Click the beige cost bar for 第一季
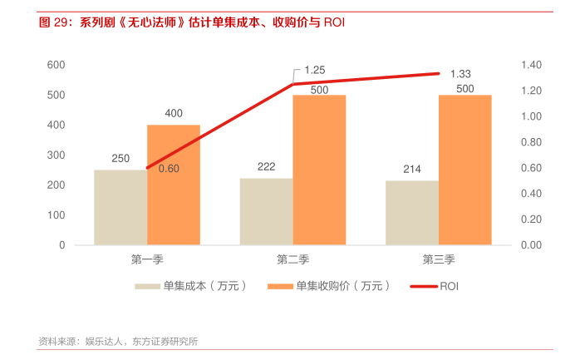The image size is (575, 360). pos(120,207)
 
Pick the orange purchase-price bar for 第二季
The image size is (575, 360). pos(319,170)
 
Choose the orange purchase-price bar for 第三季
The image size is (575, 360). pos(465,170)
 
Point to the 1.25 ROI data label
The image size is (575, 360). pos(314,70)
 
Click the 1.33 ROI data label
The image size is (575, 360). pos(460,74)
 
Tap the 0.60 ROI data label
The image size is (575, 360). pos(169,169)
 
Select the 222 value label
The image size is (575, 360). pos(266,167)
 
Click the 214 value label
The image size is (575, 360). pos(412,170)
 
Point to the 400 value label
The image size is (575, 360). pos(174,113)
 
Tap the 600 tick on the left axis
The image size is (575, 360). pos(57,65)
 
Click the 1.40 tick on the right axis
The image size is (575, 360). pos(531,65)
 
